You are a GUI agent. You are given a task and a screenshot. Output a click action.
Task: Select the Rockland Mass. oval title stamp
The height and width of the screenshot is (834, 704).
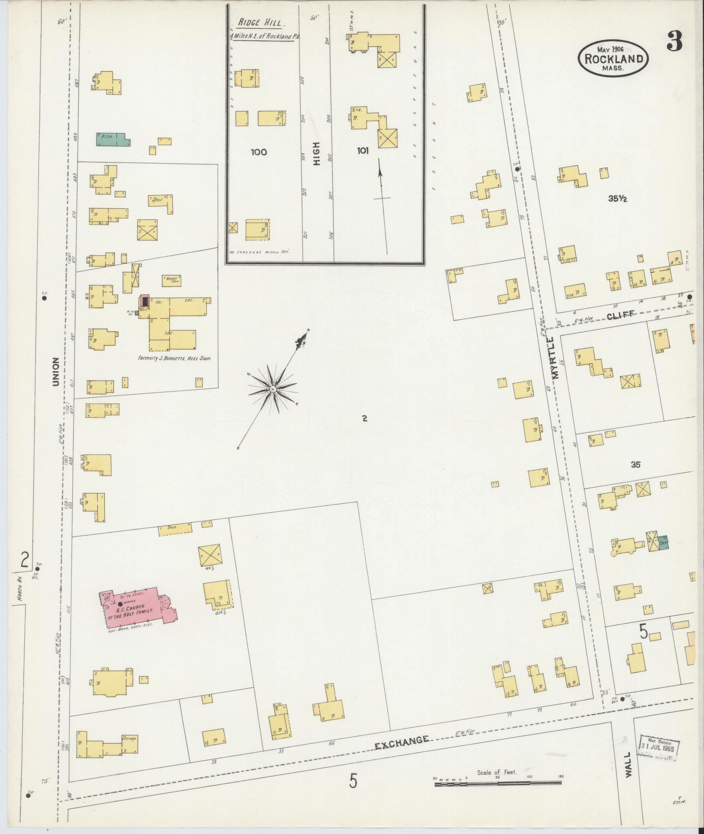[613, 58]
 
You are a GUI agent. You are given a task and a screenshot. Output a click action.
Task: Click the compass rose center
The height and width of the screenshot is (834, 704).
[272, 388]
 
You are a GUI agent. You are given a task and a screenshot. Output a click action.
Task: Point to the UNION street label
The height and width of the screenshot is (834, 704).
[55, 372]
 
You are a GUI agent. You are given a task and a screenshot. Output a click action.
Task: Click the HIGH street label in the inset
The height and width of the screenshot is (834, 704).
[317, 153]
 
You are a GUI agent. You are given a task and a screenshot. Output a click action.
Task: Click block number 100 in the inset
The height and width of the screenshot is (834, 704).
[258, 152]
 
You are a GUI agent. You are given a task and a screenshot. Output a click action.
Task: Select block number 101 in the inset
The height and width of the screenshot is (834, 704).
[362, 151]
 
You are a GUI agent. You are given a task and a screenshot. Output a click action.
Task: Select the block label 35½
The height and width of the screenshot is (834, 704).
[618, 199]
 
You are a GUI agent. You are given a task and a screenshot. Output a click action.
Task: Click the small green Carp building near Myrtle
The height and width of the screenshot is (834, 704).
[663, 543]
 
